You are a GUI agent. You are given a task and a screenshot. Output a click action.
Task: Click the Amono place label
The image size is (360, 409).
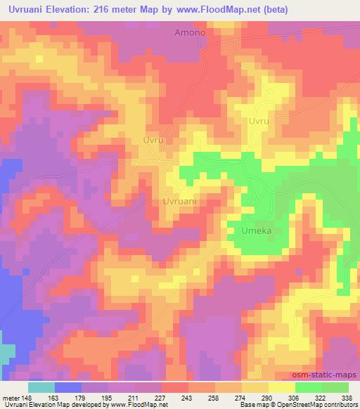(x=189, y=33)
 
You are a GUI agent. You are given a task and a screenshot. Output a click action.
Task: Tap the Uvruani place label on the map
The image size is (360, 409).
(x=179, y=201)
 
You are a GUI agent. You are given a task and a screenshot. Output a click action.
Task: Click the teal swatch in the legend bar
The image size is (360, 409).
(x=41, y=387)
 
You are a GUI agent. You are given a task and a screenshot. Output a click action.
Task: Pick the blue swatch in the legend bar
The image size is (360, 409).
(x=69, y=387)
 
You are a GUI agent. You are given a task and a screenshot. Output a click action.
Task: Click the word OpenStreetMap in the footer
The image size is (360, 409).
(x=302, y=405)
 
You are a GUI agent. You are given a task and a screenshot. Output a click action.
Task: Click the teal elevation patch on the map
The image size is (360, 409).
(x=6, y=354)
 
